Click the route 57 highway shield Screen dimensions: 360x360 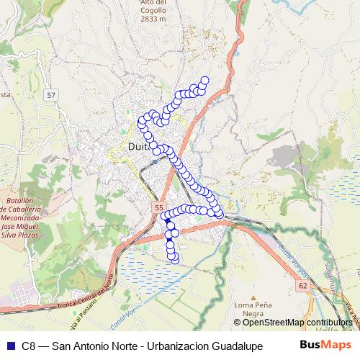[x=50, y=95]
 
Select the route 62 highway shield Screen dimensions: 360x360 [x=301, y=286]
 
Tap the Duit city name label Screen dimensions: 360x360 [x=137, y=148]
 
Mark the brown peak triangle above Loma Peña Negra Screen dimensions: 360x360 [x=253, y=296]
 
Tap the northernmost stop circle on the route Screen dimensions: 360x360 [x=204, y=80]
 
